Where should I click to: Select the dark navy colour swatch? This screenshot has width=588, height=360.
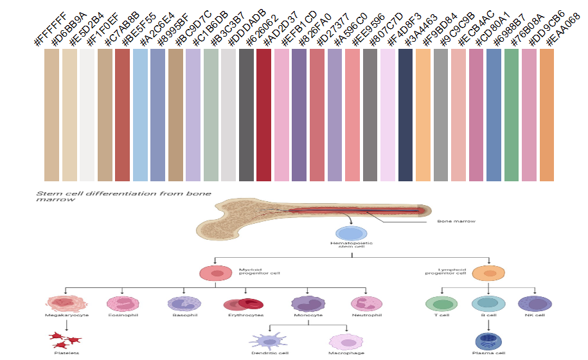[x=405, y=116]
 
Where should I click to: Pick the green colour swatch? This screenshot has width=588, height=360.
[x=512, y=116]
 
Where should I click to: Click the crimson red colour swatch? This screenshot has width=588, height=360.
[x=263, y=116]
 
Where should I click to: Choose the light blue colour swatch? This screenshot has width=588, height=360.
[x=139, y=116]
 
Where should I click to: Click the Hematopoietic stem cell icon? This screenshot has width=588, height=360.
[x=351, y=234]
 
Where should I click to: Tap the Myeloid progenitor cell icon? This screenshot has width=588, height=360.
[x=217, y=273]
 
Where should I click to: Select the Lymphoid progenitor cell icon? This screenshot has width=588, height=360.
[x=488, y=273]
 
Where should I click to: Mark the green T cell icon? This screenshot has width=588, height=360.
[x=442, y=304]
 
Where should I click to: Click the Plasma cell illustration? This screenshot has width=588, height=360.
[x=488, y=341]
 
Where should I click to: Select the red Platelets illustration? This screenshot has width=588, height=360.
[x=67, y=339]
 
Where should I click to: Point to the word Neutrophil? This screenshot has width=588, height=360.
[x=367, y=316]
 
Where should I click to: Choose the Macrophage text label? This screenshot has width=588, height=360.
[x=346, y=353]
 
